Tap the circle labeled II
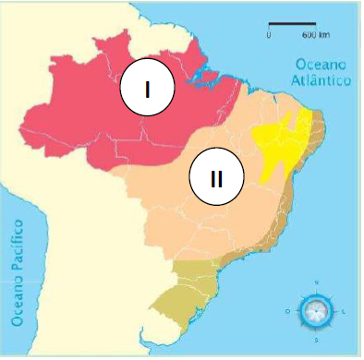click(x=215, y=178)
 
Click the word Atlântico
click(x=322, y=81)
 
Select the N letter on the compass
click(x=317, y=282)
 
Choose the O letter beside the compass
click(x=288, y=311)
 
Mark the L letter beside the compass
click(x=345, y=311)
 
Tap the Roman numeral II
click(x=215, y=178)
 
